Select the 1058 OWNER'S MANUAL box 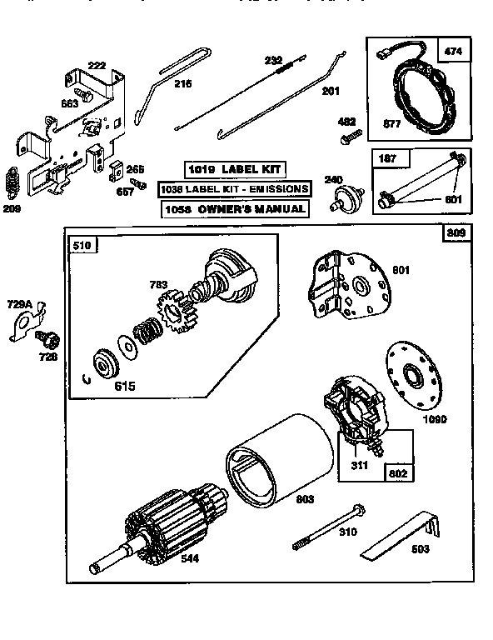coord(234,208)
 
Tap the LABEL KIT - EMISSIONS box coord(234,189)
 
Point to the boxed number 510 coord(84,245)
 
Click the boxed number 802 coord(397,472)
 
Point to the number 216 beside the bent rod coord(182,83)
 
